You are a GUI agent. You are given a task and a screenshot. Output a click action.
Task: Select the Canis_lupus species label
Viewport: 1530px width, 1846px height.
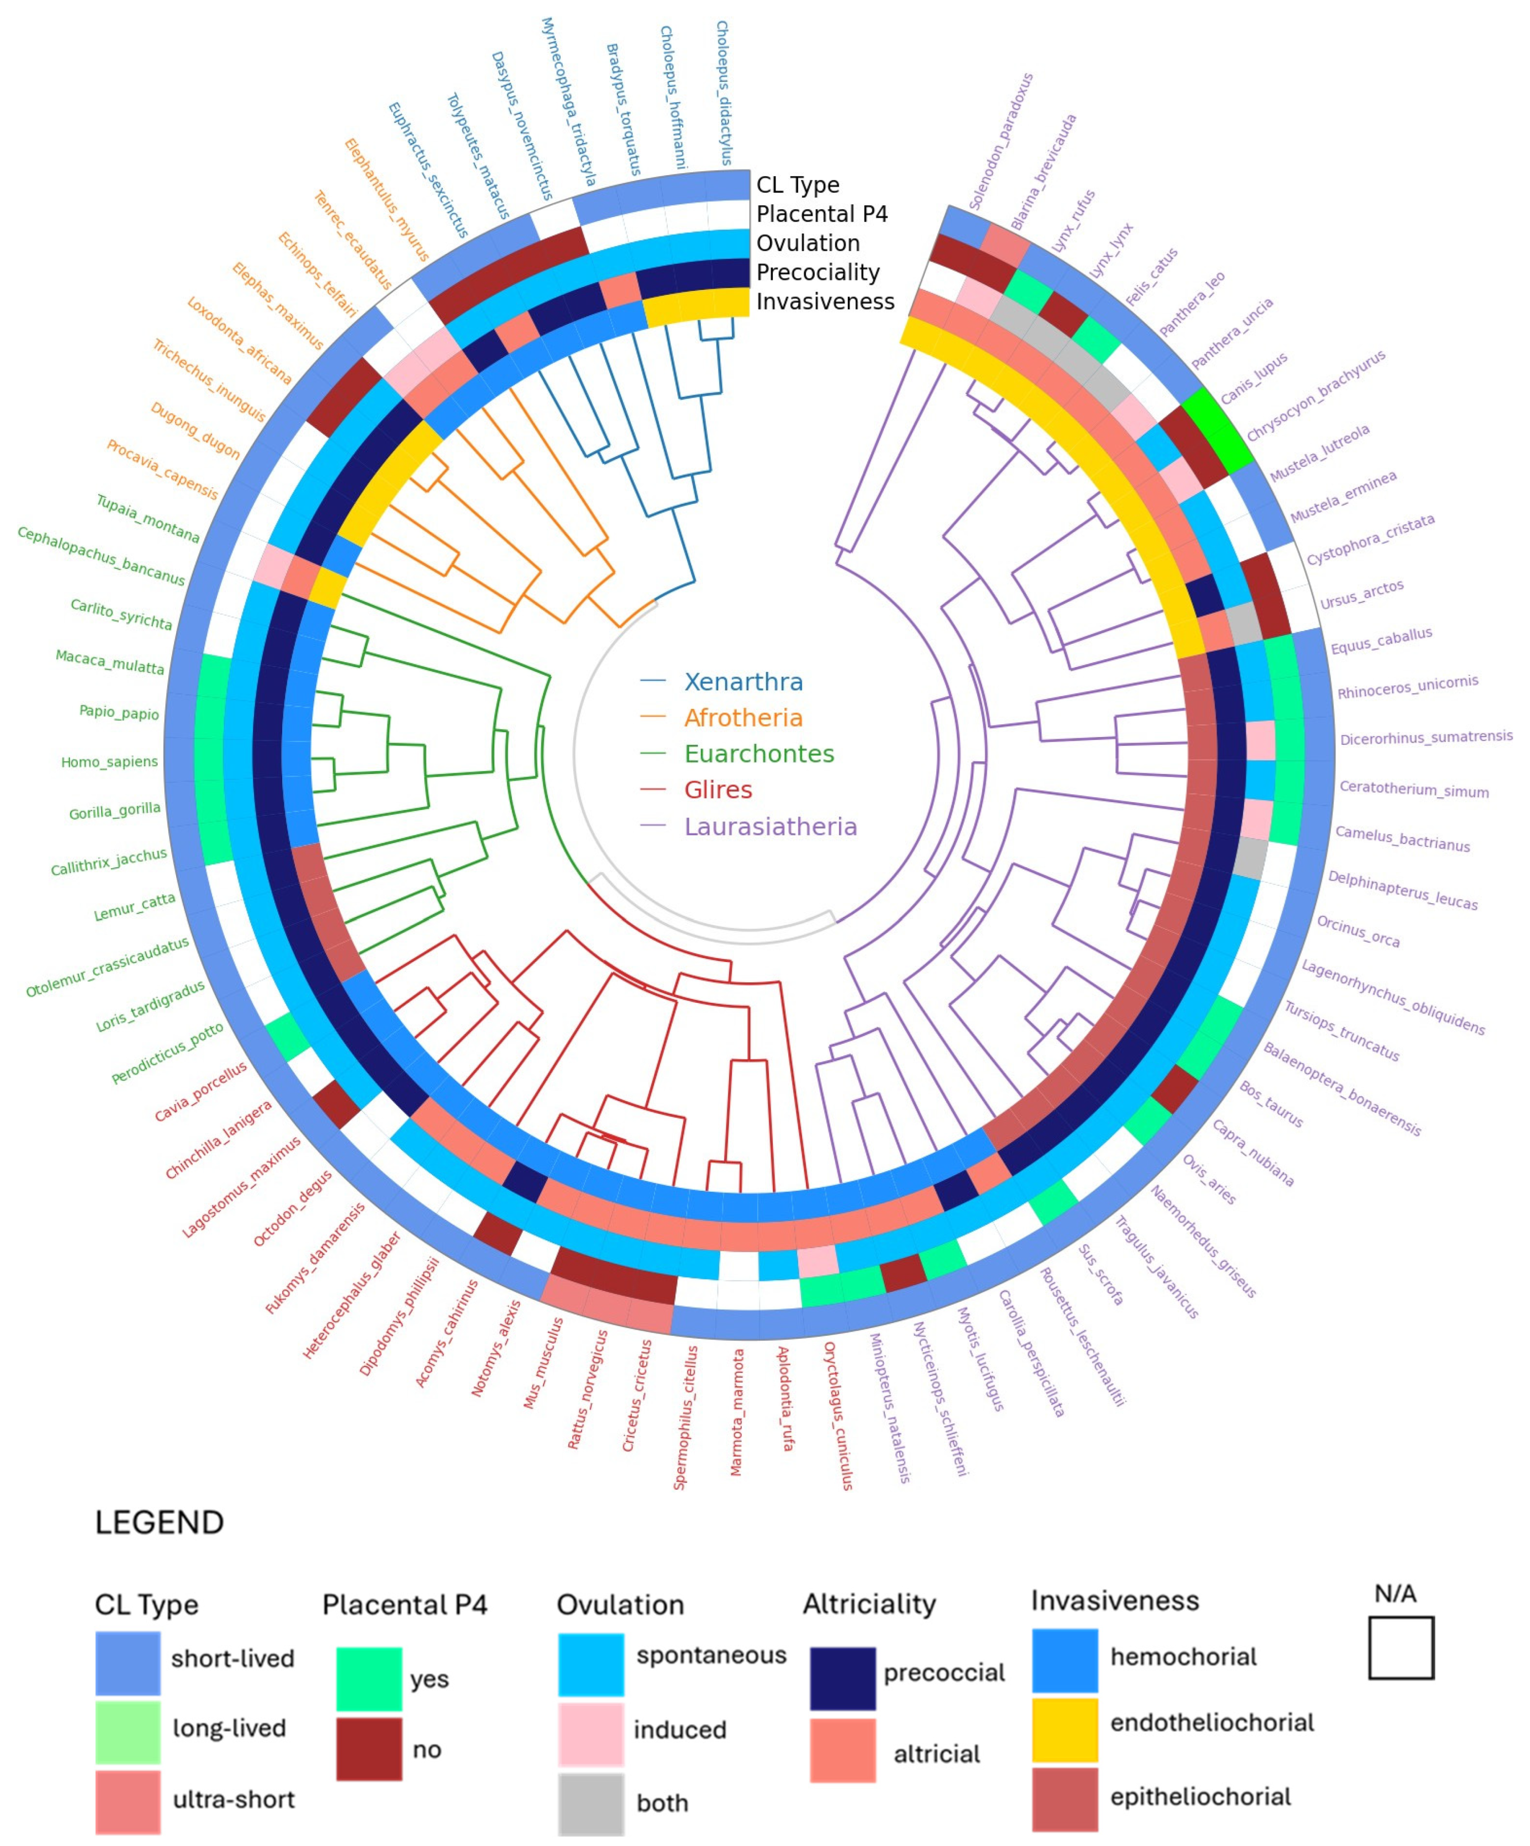click(1253, 378)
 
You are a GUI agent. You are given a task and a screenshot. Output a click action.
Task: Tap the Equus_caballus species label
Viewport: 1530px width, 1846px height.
click(1381, 641)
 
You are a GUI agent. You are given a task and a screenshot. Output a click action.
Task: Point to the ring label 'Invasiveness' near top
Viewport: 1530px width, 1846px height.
click(825, 302)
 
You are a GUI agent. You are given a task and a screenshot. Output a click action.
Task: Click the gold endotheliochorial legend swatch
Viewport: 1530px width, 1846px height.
click(1064, 1729)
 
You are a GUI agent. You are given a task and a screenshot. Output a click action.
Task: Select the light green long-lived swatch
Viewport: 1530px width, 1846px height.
click(127, 1732)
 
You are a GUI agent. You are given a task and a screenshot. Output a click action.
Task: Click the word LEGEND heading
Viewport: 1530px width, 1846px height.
click(159, 1522)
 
